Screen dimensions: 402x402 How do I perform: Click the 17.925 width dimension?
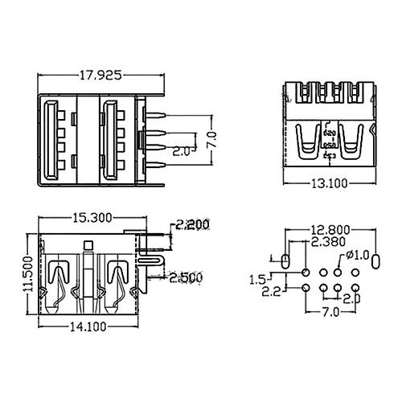pyautogui.click(x=100, y=76)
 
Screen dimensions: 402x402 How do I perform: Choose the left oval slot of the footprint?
pyautogui.click(x=285, y=261)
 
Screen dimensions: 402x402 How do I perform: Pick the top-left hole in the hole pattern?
pyautogui.click(x=307, y=272)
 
